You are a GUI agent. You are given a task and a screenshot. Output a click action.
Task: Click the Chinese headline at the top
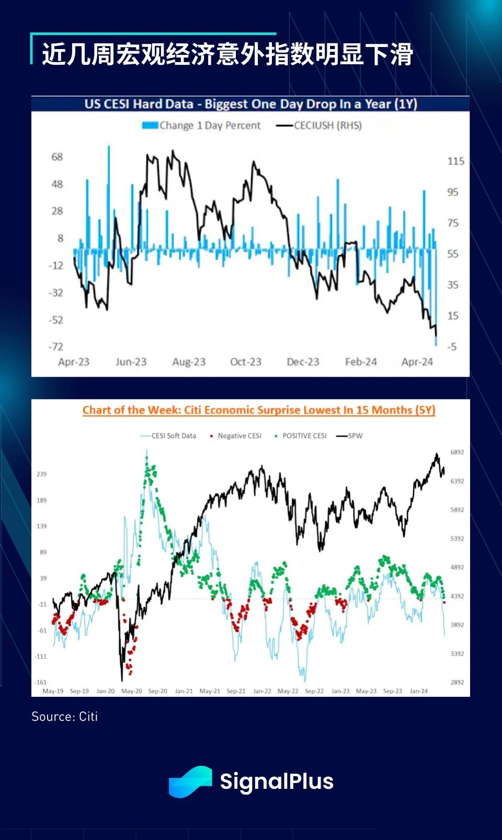pyautogui.click(x=227, y=54)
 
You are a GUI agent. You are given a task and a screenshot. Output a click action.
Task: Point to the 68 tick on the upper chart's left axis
pyautogui.click(x=57, y=157)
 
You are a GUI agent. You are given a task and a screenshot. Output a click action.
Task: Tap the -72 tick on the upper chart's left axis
pyautogui.click(x=55, y=346)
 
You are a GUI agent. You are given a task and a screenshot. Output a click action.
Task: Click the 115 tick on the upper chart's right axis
pyautogui.click(x=455, y=161)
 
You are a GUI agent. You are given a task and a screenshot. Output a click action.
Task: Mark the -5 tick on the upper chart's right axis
pyautogui.click(x=452, y=346)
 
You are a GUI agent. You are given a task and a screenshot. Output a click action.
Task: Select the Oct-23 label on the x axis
pyautogui.click(x=246, y=362)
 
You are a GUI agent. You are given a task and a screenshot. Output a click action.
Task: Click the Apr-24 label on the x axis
pyautogui.click(x=417, y=362)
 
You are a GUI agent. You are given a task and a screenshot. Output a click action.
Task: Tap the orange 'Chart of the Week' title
pyautogui.click(x=259, y=410)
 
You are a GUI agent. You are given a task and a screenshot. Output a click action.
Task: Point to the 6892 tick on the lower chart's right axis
pyautogui.click(x=457, y=452)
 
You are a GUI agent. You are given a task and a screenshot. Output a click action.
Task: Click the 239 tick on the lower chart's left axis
pyautogui.click(x=42, y=474)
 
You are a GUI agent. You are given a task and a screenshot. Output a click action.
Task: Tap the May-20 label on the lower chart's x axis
pyautogui.click(x=131, y=691)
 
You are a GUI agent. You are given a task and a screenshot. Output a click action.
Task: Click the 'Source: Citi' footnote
pyautogui.click(x=64, y=716)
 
